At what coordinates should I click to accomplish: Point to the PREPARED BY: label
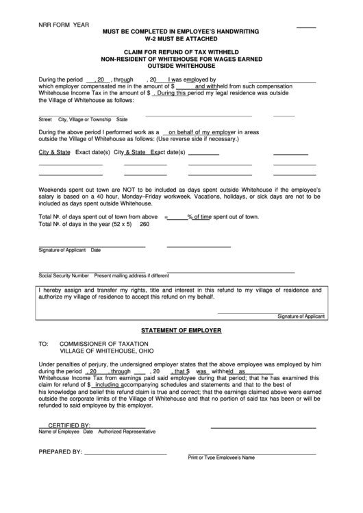60,452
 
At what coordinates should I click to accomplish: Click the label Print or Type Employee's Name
221,458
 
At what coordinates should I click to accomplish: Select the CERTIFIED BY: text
69,425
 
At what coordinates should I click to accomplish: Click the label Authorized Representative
127,431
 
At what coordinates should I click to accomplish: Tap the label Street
45,118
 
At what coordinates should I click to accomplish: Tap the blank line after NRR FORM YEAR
306,27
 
